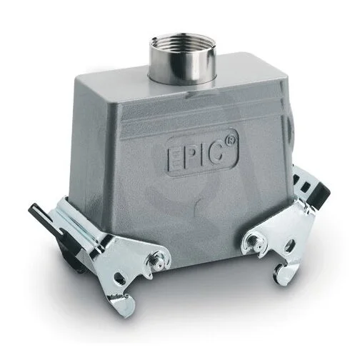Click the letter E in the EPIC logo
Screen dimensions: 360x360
click(x=175, y=158)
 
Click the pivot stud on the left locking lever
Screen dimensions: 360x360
click(x=157, y=259)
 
